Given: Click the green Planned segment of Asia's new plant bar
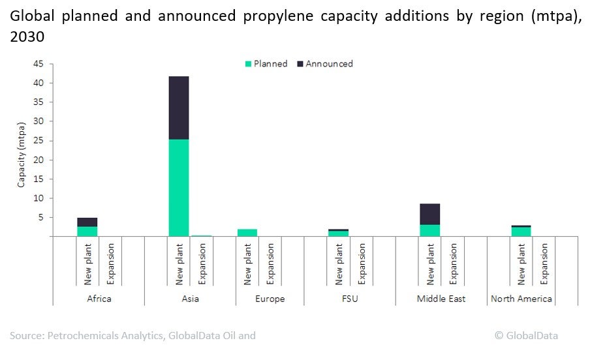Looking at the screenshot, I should [178, 188].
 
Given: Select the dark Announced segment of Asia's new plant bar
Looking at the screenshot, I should [178, 108].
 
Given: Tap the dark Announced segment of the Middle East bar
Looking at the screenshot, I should [429, 214].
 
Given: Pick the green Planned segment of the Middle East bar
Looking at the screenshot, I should [429, 230].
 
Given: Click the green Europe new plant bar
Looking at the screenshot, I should [247, 233].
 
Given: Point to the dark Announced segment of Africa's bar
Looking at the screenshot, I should [87, 222].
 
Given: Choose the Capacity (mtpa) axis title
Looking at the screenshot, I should [21, 150].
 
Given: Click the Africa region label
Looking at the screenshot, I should [99, 299].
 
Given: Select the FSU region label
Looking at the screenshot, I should [349, 299].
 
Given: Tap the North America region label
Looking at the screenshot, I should [521, 299].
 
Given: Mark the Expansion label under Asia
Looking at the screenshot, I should [201, 265].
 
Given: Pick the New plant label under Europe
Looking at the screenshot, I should [247, 265].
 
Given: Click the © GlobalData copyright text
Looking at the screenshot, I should [526, 335].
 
